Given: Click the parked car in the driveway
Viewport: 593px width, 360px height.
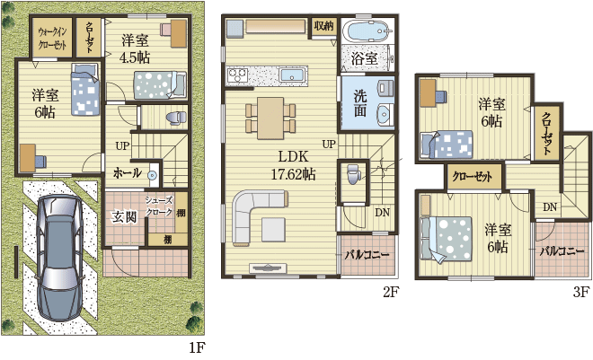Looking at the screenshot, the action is tap(60, 258).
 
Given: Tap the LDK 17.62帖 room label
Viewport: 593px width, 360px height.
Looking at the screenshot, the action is tap(293, 165).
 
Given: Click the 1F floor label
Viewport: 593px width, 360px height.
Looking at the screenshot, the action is tap(197, 347).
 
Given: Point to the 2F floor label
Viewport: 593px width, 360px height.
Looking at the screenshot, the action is tap(391, 292).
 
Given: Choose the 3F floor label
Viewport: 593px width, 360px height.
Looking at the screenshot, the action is tap(581, 292).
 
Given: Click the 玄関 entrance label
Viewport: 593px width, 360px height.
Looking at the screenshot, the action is tap(124, 217).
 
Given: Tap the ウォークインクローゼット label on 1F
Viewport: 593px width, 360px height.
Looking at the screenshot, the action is tap(53, 39).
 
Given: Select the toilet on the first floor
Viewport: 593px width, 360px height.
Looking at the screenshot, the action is tap(177, 118).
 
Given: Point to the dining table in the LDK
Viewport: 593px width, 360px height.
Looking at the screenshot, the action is tap(270, 119).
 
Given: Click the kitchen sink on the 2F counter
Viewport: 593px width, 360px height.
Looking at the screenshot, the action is tap(292, 75).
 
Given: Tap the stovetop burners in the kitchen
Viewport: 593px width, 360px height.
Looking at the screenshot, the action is tap(237, 75).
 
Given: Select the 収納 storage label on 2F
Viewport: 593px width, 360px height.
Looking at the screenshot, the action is tap(323, 26).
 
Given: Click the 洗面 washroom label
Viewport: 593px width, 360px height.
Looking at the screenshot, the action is tap(360, 102).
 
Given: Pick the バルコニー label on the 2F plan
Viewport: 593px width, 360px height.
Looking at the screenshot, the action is tap(367, 255).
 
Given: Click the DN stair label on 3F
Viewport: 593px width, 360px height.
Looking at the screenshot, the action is tap(550, 207).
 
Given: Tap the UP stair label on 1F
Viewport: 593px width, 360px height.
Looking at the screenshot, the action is tap(122, 145).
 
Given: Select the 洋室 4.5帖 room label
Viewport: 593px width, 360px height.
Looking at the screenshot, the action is tap(135, 49).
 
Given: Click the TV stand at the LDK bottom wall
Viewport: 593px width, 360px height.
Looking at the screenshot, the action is tap(267, 268).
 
